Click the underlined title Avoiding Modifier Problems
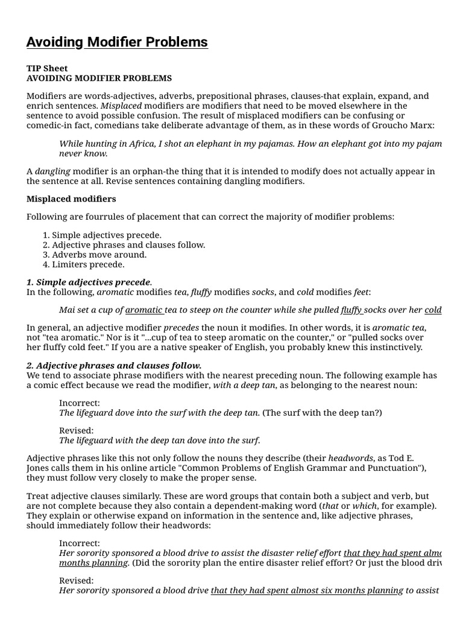tap(117, 42)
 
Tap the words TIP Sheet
tap(47, 68)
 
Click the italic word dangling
tap(52, 171)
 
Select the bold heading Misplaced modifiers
tap(71, 199)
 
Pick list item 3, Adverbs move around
tap(99, 254)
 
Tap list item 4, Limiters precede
tap(88, 264)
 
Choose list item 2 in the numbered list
tap(128, 244)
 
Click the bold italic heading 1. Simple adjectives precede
tap(89, 282)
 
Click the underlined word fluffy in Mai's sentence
tap(351, 310)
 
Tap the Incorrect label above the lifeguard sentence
tap(80, 403)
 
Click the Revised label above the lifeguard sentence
tap(77, 430)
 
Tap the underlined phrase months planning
tap(93, 562)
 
